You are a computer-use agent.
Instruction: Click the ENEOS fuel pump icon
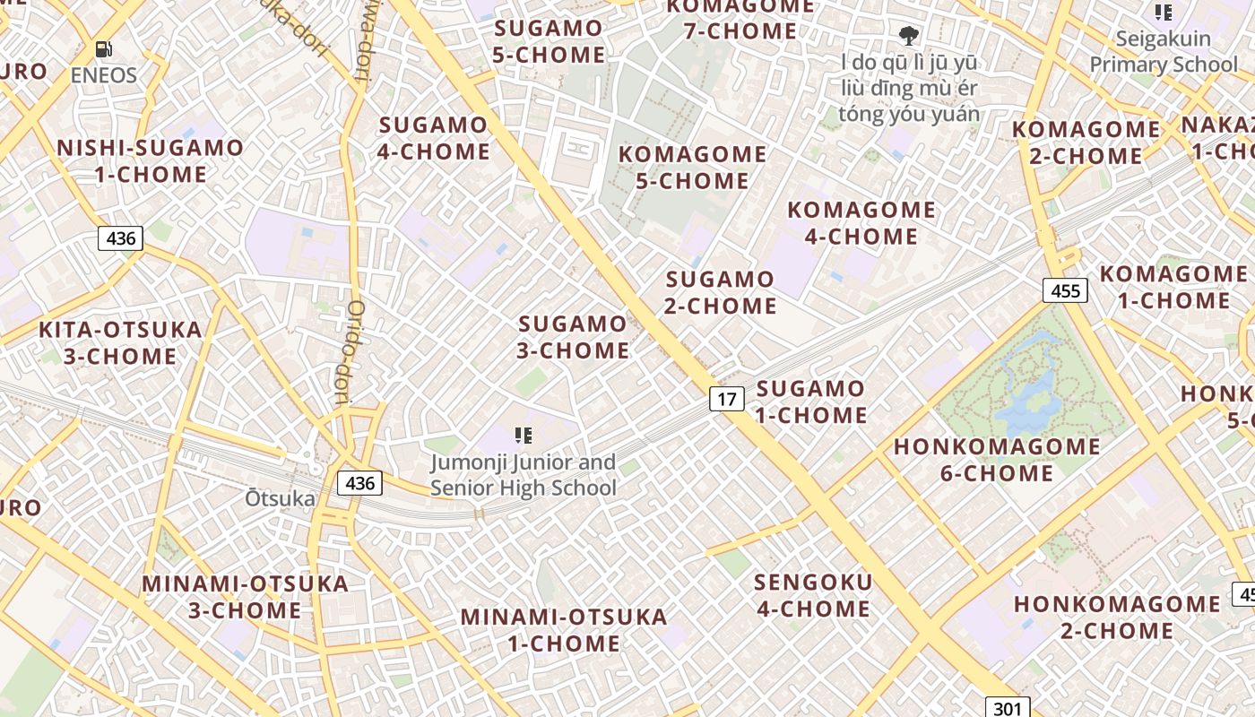104,50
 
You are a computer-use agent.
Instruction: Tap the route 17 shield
726,398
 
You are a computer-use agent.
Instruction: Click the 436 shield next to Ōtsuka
359,483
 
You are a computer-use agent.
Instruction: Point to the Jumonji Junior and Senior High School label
524,475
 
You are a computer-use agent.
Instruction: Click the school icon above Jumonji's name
524,436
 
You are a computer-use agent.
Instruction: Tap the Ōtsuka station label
281,498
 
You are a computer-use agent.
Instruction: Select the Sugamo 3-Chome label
574,337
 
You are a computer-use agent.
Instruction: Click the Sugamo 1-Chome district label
811,402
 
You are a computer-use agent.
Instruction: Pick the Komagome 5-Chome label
692,168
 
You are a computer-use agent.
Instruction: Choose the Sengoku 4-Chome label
813,595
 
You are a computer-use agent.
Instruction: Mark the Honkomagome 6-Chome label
997,459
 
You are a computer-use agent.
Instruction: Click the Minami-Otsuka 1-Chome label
564,630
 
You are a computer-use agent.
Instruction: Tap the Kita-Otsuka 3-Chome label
120,342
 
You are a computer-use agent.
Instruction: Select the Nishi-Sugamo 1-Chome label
151,160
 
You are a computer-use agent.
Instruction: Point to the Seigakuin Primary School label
1163,52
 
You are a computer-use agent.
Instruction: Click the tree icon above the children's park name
909,36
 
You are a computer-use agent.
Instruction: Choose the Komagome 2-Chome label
1086,143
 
